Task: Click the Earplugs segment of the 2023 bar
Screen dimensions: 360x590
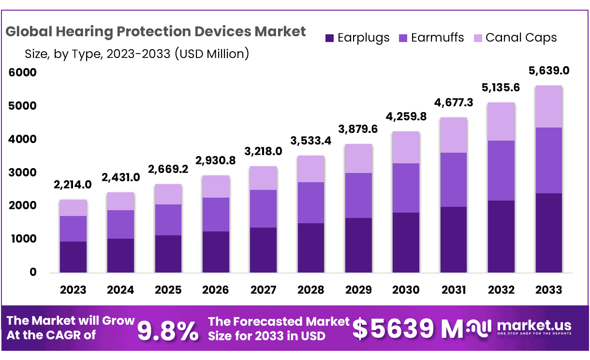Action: click(73, 257)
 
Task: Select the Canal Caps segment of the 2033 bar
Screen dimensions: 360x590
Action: click(548, 106)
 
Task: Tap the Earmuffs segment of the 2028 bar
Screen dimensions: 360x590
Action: click(310, 202)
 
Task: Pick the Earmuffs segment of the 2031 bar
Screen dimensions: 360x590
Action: click(453, 179)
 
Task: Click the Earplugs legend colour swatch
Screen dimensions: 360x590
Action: click(330, 38)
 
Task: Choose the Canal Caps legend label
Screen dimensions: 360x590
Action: click(521, 38)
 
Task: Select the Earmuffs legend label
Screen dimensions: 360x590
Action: click(437, 38)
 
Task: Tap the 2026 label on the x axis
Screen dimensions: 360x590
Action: click(216, 290)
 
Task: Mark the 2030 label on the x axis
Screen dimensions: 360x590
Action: click(406, 290)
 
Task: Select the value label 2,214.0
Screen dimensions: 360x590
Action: click(74, 184)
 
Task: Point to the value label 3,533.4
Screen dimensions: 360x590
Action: click(311, 141)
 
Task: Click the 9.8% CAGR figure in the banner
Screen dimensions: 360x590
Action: click(168, 331)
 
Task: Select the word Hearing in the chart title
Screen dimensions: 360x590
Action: click(88, 32)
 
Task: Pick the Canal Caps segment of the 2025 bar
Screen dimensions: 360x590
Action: click(168, 194)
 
